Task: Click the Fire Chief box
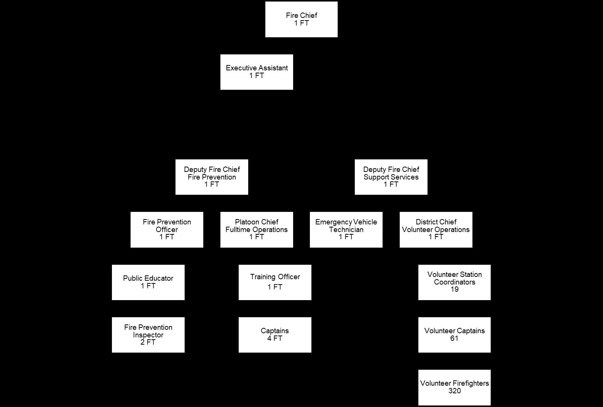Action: click(301, 19)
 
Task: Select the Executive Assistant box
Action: click(257, 72)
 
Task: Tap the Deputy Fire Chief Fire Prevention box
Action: click(212, 177)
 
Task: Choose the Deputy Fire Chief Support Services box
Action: click(391, 177)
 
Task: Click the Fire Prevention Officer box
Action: click(167, 229)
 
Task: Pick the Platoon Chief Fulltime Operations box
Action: click(257, 229)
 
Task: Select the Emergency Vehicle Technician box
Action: click(346, 229)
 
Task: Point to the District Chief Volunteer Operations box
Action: click(436, 229)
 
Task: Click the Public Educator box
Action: click(148, 282)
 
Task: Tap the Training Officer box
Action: click(275, 282)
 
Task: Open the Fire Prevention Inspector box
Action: click(148, 335)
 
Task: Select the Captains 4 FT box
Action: click(275, 335)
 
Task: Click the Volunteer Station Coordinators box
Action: click(454, 282)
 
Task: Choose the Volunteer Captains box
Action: click(454, 335)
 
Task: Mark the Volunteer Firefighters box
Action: click(454, 387)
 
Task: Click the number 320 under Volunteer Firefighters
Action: click(455, 391)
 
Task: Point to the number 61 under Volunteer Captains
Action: click(454, 339)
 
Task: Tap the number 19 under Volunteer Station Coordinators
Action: click(454, 289)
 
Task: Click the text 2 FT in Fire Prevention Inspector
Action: click(148, 342)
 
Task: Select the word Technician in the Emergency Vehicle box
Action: click(346, 230)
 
